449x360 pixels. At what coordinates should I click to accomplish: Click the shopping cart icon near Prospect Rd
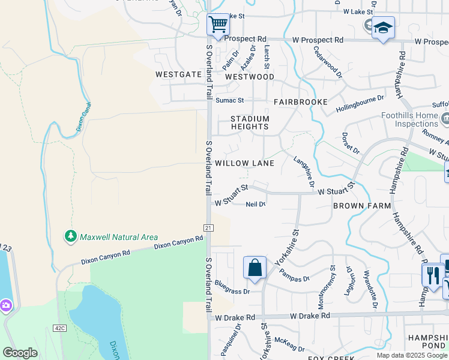point(218,25)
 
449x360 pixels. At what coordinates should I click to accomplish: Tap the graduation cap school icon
point(383,28)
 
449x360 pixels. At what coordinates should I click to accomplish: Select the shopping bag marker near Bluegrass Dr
point(255,267)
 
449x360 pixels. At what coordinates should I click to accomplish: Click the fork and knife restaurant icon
point(432,275)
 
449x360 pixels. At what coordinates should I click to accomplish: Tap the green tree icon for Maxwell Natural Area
point(71,236)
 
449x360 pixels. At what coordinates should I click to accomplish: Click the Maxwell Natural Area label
point(111,237)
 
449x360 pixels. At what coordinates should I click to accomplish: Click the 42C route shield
point(59,328)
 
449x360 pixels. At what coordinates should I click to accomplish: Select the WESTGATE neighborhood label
point(178,75)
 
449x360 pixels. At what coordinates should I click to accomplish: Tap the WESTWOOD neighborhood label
point(249,77)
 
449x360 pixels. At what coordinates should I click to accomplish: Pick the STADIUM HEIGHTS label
point(250,123)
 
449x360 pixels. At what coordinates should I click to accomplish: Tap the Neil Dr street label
point(256,204)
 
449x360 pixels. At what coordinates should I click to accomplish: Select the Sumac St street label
point(230,100)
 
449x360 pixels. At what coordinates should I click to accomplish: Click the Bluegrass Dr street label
point(232,291)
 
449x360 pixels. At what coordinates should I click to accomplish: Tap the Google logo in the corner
point(20,353)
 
